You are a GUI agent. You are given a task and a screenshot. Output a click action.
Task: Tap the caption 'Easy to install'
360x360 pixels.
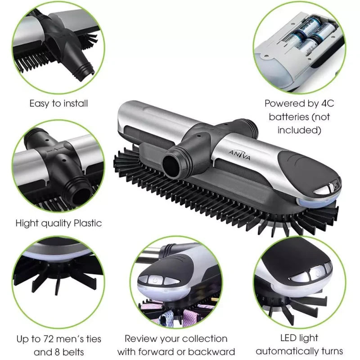click(58, 103)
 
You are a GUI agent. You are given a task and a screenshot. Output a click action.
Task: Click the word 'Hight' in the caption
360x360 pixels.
click(26, 223)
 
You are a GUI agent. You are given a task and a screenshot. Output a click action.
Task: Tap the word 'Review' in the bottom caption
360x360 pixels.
click(139, 339)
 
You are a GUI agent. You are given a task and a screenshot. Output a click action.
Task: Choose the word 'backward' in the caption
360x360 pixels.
click(215, 352)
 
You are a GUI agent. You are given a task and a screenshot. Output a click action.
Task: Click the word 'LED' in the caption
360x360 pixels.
click(287, 338)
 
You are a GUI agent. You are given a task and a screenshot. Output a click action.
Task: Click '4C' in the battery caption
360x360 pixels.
click(326, 103)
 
